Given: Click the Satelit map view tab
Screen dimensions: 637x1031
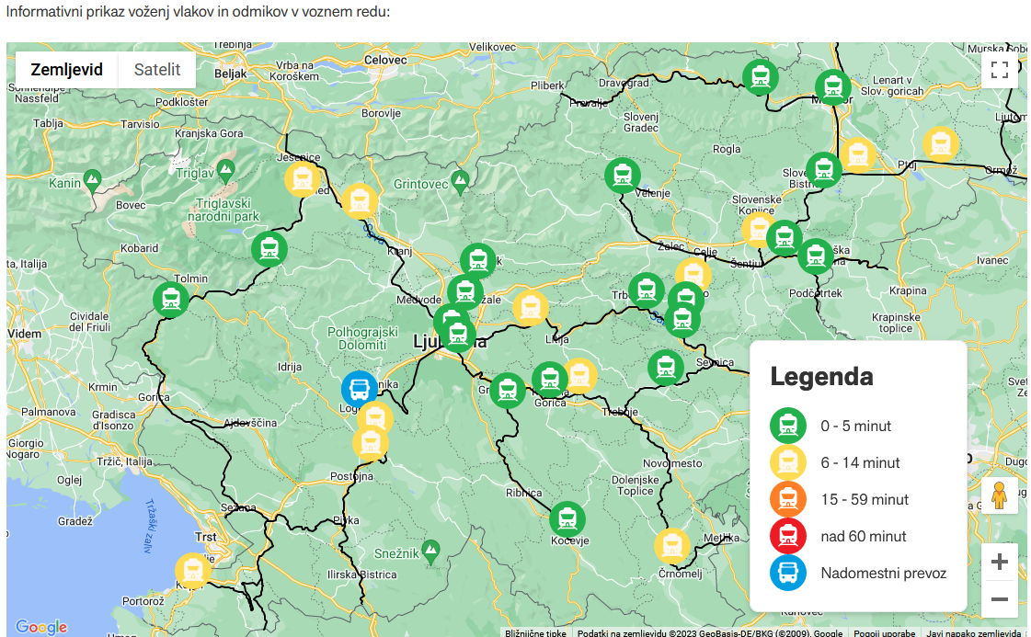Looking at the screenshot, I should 156,69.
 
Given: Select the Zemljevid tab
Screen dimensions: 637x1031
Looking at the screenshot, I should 66,69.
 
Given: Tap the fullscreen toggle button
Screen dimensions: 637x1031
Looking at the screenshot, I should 1000,69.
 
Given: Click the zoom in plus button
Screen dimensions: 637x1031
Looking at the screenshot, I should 1000,562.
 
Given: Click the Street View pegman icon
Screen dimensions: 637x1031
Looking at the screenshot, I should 1000,496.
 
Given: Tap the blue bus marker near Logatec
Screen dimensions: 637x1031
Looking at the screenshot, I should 359,388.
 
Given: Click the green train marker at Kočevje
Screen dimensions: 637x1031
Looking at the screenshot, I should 567,519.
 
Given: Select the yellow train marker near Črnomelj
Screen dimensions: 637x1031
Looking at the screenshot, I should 672,546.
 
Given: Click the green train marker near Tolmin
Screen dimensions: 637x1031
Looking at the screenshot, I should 171,300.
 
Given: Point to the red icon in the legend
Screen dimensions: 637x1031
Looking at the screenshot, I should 788,536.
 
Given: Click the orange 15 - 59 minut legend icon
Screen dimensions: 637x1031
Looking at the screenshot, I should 788,499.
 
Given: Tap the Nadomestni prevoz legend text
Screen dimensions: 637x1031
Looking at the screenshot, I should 883,573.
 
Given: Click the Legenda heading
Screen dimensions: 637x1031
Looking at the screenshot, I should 821,376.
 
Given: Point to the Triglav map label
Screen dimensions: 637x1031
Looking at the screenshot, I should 194,172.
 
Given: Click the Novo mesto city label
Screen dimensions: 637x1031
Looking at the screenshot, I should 673,463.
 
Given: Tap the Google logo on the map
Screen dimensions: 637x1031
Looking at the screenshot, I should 41,627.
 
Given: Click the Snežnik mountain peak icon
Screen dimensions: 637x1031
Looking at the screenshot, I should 430,549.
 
